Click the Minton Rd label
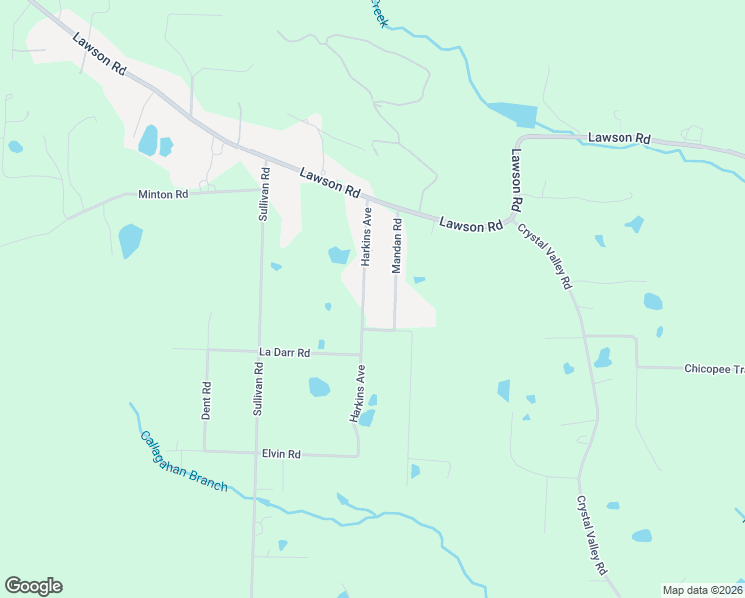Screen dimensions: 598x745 [163, 194]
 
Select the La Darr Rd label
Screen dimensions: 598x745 [285, 353]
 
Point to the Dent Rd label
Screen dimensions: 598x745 [206, 401]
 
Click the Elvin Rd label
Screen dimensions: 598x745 [281, 454]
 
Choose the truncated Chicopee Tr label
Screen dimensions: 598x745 [713, 369]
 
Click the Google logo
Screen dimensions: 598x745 [33, 586]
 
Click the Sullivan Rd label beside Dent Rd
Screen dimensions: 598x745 [257, 388]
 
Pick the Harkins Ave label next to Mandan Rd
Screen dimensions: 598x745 [366, 235]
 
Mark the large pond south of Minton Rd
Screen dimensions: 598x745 [129, 241]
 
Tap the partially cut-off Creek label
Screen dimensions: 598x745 [376, 13]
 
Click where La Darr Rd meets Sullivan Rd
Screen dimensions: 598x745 [259, 351]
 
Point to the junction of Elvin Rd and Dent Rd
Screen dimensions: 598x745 [204, 451]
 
